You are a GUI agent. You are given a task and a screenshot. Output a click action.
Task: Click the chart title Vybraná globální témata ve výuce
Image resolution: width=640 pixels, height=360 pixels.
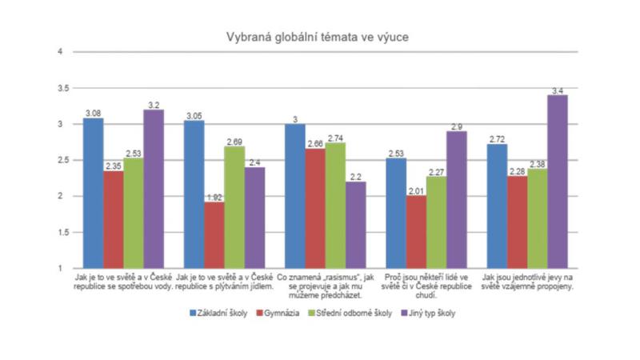(320, 35)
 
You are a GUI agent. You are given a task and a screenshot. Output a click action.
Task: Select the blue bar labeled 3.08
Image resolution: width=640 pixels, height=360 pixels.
(94, 192)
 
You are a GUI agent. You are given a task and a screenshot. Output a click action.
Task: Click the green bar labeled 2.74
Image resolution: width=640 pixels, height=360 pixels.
(334, 205)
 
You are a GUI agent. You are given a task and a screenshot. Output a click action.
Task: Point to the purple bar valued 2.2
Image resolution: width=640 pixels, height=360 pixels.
(355, 224)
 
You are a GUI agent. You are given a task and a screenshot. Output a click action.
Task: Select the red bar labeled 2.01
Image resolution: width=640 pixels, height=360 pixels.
(415, 231)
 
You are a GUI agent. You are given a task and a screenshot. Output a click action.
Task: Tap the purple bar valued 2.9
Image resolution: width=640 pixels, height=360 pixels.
(456, 199)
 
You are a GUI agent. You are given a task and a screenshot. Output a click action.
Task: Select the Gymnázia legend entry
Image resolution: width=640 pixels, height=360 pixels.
(282, 313)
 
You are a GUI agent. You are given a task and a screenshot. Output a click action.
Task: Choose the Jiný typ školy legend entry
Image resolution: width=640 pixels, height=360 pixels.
(431, 313)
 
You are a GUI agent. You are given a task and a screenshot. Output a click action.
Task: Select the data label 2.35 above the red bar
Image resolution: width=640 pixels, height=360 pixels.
(114, 166)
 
